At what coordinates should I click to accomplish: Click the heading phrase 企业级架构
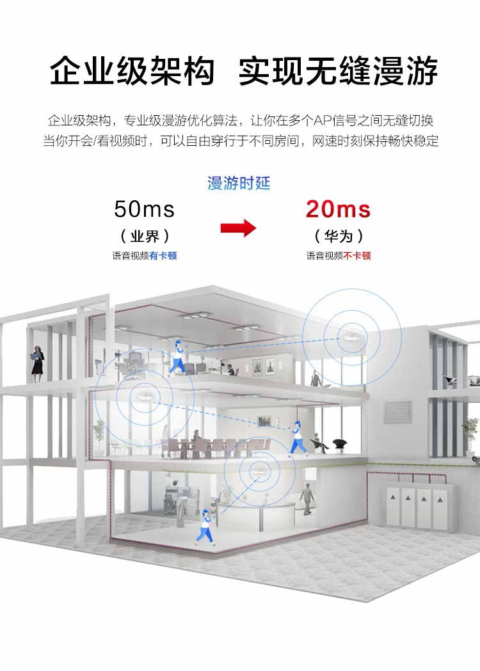(x=132, y=71)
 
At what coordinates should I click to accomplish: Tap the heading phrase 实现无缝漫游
(x=339, y=71)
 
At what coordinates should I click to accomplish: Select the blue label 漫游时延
(x=239, y=183)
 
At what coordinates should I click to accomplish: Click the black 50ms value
(x=144, y=209)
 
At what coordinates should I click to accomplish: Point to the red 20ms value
(x=339, y=209)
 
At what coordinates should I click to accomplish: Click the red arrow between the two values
(x=238, y=228)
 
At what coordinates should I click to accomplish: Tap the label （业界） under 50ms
(x=145, y=236)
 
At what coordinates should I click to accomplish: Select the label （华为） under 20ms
(x=339, y=236)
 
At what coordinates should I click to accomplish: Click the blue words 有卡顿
(x=163, y=256)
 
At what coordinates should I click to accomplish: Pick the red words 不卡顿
(x=357, y=256)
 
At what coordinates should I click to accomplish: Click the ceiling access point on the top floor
(x=352, y=338)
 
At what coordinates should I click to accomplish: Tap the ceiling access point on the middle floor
(x=142, y=396)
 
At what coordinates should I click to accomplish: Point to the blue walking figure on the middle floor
(x=298, y=438)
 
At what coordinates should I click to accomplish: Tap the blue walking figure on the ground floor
(x=205, y=527)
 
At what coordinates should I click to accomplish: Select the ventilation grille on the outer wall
(x=398, y=412)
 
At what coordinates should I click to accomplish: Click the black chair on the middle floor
(x=340, y=445)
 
